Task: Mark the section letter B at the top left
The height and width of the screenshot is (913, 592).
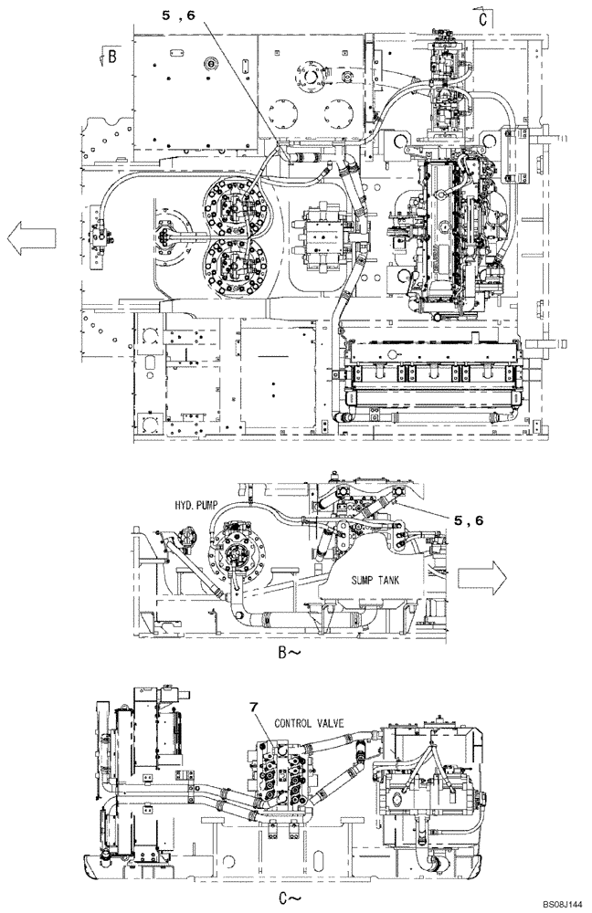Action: pyautogui.click(x=110, y=57)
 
